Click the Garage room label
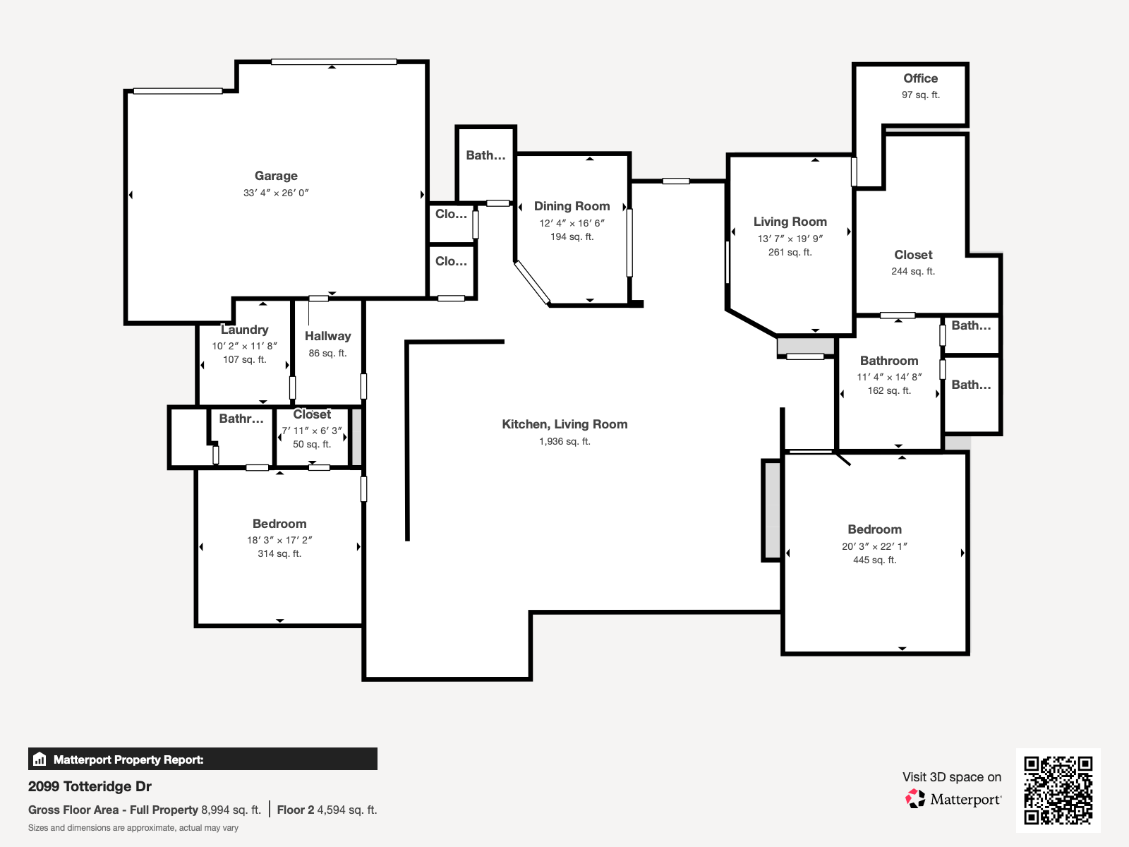tap(276, 176)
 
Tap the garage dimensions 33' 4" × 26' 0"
tap(276, 193)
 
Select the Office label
tap(920, 78)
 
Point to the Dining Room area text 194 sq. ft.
tap(572, 237)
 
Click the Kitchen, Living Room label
tap(564, 424)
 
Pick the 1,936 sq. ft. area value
tap(564, 442)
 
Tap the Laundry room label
tap(244, 330)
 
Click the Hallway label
tap(327, 336)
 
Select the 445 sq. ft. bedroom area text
tap(874, 560)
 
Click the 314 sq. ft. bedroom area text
tap(279, 554)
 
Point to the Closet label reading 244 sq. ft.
tap(913, 255)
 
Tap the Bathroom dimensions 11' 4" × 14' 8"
tap(889, 378)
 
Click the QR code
tap(1058, 790)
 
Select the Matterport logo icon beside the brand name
tap(915, 799)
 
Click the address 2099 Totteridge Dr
tap(90, 786)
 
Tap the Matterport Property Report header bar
tap(203, 759)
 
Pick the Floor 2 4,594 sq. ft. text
tap(327, 810)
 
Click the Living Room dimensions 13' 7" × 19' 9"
tap(790, 239)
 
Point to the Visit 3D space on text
tap(951, 777)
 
